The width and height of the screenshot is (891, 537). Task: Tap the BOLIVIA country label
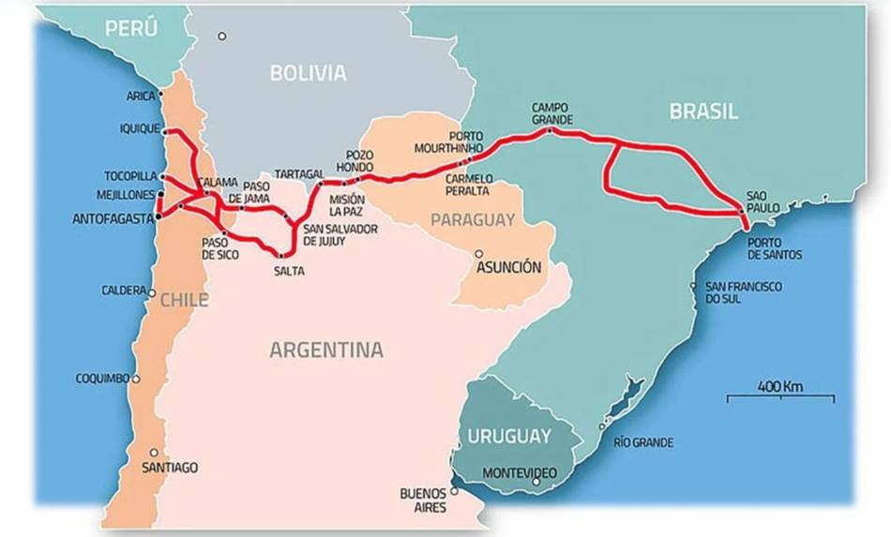[x=308, y=72]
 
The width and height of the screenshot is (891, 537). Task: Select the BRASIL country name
[x=703, y=112]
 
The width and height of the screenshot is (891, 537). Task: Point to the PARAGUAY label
[x=473, y=220]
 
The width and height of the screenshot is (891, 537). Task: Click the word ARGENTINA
[x=326, y=351]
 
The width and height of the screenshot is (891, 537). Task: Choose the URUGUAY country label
[x=509, y=437]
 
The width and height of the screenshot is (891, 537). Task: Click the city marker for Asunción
[x=479, y=253]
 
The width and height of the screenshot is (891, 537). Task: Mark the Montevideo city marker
[x=536, y=482]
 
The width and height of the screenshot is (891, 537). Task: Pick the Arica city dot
[x=161, y=94]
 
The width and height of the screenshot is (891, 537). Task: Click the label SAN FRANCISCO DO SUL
[x=743, y=292]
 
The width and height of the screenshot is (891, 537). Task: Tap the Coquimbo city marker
[x=136, y=380]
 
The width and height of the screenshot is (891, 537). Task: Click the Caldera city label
[x=124, y=291]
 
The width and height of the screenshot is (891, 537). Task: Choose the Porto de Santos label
[x=771, y=247]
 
